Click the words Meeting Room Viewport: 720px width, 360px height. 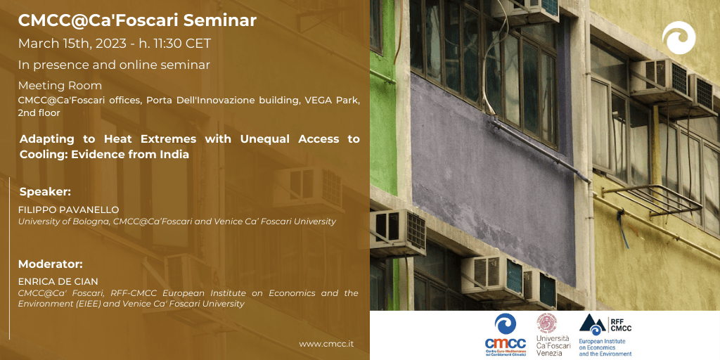pos(60,86)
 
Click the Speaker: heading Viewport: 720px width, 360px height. pos(45,192)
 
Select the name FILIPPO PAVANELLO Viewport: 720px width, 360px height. pos(68,210)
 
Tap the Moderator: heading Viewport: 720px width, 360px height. pos(51,264)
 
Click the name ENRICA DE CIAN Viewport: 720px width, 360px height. pos(58,281)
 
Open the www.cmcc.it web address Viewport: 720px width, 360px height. pos(326,344)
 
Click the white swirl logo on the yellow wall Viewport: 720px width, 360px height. pos(679,38)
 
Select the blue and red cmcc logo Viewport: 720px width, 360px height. pos(506,335)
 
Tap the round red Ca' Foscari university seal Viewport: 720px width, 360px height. pos(547,323)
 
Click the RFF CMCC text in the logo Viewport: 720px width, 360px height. pos(622,324)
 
